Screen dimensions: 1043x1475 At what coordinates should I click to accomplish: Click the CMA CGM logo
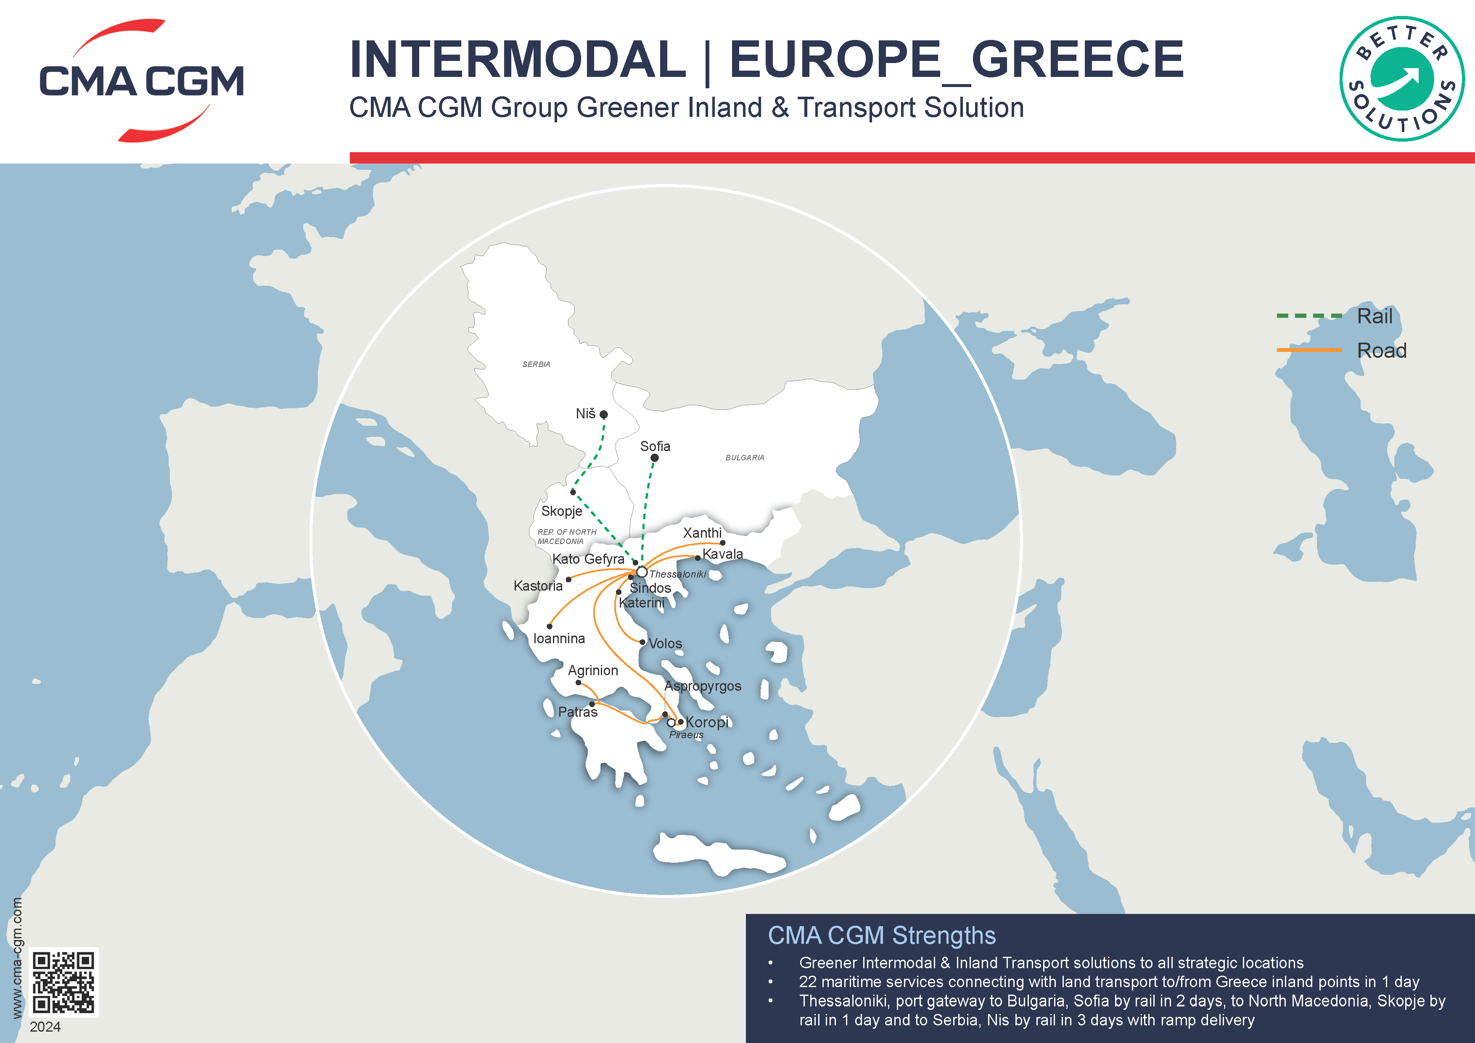(141, 80)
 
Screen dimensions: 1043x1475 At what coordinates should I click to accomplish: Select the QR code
(63, 982)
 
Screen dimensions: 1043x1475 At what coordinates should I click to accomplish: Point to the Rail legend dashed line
(1309, 316)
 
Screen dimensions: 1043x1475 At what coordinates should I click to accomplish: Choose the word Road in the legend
(1381, 351)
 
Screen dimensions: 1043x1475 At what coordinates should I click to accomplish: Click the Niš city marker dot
(603, 415)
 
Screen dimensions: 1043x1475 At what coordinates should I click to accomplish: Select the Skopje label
(561, 511)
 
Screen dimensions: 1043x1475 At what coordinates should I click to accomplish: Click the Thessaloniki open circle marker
(641, 572)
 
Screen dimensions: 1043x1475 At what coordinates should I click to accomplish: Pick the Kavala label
(723, 554)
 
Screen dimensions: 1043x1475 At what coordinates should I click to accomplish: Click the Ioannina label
(559, 639)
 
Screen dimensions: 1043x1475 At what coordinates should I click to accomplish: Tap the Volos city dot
(642, 642)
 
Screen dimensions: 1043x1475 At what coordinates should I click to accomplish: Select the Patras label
(578, 712)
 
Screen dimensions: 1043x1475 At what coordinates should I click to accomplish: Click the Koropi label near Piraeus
(707, 722)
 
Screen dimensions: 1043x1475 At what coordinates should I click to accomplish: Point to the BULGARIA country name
(745, 458)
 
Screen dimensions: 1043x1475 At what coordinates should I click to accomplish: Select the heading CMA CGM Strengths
(881, 936)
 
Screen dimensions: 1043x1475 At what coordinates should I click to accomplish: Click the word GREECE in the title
(1077, 59)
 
